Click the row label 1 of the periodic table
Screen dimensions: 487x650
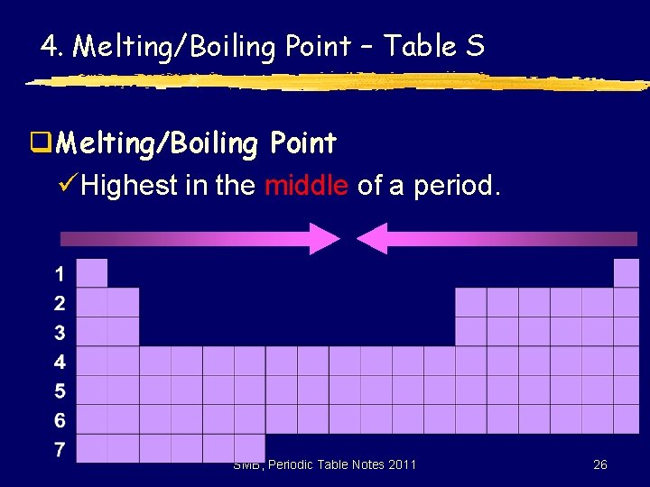pyautogui.click(x=60, y=273)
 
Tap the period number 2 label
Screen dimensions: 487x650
pyautogui.click(x=60, y=303)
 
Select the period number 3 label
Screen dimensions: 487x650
pyautogui.click(x=60, y=333)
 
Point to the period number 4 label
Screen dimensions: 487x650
pyautogui.click(x=60, y=363)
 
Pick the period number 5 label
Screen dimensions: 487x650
pyautogui.click(x=60, y=391)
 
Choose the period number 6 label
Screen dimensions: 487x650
pyautogui.click(x=60, y=420)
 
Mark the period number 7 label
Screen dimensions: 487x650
pyautogui.click(x=60, y=449)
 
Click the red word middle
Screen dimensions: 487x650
pyautogui.click(x=306, y=187)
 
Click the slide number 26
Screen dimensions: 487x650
pyautogui.click(x=599, y=464)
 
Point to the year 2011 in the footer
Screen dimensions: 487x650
pyautogui.click(x=402, y=464)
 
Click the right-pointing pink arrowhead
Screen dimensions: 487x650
pyautogui.click(x=323, y=238)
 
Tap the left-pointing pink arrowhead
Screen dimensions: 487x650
pyautogui.click(x=373, y=238)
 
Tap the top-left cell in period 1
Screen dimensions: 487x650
pyautogui.click(x=92, y=273)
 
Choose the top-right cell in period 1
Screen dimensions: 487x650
pyautogui.click(x=627, y=273)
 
